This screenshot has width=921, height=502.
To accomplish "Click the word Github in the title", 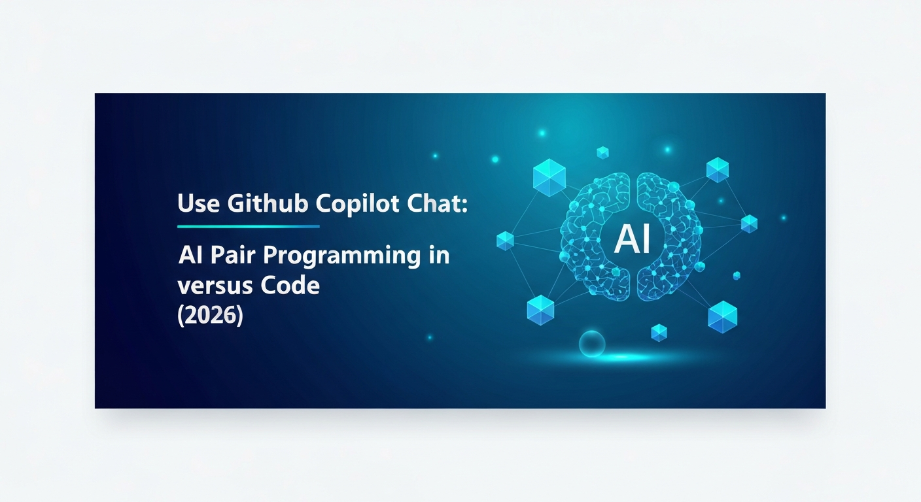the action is click(268, 203).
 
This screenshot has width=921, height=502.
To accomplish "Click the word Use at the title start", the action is click(198, 203).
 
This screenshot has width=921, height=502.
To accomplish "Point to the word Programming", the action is click(342, 256).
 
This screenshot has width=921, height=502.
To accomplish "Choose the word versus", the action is click(210, 286).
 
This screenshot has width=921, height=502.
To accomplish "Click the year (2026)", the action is click(210, 316).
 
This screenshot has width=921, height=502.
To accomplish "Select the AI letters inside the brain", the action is click(633, 241).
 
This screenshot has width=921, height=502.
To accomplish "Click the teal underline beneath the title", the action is click(249, 226).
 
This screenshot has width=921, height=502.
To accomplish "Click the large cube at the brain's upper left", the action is click(549, 178).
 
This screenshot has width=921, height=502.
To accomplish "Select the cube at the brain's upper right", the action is click(718, 170).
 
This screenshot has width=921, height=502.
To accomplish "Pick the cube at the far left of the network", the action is click(506, 241).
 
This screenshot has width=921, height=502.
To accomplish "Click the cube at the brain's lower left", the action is click(540, 310).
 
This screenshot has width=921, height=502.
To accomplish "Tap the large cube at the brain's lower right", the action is click(722, 317).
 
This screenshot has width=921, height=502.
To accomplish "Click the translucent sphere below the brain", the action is click(592, 344).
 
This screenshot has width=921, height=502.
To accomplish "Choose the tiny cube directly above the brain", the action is click(602, 152).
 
